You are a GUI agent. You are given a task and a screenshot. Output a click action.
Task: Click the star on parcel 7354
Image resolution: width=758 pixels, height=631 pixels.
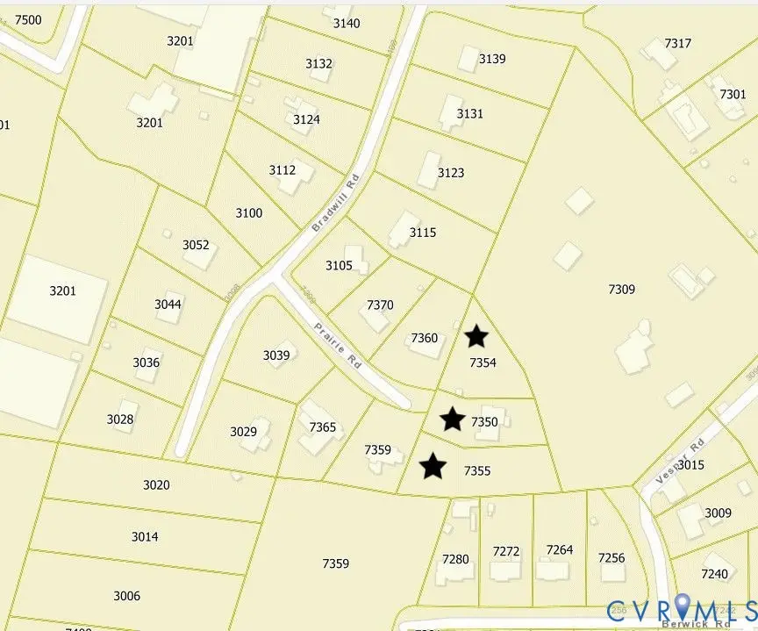(476, 335)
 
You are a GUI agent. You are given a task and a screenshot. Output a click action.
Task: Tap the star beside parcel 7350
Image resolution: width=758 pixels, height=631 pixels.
(452, 419)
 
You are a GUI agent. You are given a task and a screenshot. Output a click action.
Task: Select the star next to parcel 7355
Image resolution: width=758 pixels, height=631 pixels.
(433, 466)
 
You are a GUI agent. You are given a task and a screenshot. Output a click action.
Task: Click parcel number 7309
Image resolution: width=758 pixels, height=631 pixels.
(621, 289)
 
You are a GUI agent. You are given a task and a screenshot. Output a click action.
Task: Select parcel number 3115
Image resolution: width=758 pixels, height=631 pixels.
(422, 233)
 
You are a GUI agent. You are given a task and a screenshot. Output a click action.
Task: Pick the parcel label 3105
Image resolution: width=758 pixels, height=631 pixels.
(339, 265)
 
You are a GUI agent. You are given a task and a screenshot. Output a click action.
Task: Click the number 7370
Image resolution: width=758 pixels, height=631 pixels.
(380, 305)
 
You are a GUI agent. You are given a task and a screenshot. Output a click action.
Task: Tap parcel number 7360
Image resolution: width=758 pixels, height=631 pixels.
(424, 338)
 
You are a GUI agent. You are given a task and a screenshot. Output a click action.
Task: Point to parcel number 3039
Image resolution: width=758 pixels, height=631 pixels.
(276, 355)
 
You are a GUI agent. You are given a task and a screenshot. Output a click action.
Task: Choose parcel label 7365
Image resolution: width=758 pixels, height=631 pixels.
(323, 427)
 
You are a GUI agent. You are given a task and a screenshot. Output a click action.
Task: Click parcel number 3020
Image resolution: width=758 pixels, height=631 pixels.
(156, 484)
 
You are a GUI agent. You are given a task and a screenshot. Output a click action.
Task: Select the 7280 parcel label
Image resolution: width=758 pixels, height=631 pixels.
(455, 558)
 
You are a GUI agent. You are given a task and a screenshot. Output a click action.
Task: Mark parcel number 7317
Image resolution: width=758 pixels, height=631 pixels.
(678, 43)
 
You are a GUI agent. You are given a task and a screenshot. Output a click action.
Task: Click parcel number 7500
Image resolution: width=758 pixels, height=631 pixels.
(28, 20)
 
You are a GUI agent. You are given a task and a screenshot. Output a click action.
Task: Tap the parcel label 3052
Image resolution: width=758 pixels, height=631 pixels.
(196, 245)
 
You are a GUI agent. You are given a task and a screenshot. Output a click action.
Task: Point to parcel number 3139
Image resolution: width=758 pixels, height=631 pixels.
(492, 59)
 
